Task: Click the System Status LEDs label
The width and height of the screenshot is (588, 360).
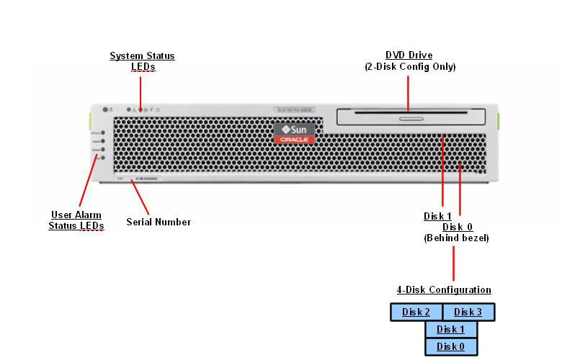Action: coord(142,61)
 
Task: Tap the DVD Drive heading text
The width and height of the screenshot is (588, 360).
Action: coord(409,55)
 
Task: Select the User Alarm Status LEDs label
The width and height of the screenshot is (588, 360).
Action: coord(76,220)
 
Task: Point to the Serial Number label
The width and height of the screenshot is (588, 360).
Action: coord(159,222)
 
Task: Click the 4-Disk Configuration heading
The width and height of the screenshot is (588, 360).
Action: coord(444,290)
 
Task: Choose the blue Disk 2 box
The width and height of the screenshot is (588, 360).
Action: coord(416,312)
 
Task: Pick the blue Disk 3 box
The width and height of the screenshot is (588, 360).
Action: coord(468,312)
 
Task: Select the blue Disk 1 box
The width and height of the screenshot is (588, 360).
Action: coord(451,329)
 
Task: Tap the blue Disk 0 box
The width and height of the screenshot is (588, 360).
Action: coord(451,346)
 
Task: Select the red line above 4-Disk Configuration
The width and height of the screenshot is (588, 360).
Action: coord(453,264)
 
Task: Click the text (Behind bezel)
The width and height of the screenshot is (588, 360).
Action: coord(456,238)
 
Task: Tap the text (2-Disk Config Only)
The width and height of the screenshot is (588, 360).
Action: coord(410,67)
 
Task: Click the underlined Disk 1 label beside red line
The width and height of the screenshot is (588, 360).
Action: coord(437,216)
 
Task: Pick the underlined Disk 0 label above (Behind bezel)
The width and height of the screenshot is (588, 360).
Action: coord(458,227)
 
